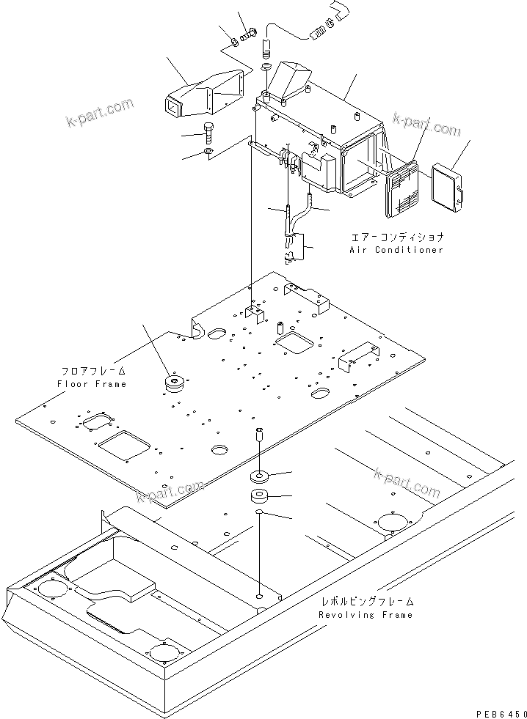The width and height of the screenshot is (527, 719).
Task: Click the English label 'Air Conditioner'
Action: (396, 250)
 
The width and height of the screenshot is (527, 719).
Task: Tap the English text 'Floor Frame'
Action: (92, 384)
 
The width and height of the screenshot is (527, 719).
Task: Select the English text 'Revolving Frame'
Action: (366, 615)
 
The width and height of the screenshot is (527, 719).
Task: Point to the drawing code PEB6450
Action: (495, 712)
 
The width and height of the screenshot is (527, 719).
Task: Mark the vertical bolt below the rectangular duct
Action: (208, 135)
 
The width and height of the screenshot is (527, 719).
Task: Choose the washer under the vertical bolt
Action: (208, 152)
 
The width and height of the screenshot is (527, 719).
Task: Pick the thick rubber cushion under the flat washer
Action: (259, 498)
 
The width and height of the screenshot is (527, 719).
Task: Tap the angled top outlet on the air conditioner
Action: (291, 77)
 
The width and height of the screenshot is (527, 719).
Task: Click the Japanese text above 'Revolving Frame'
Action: (366, 601)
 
